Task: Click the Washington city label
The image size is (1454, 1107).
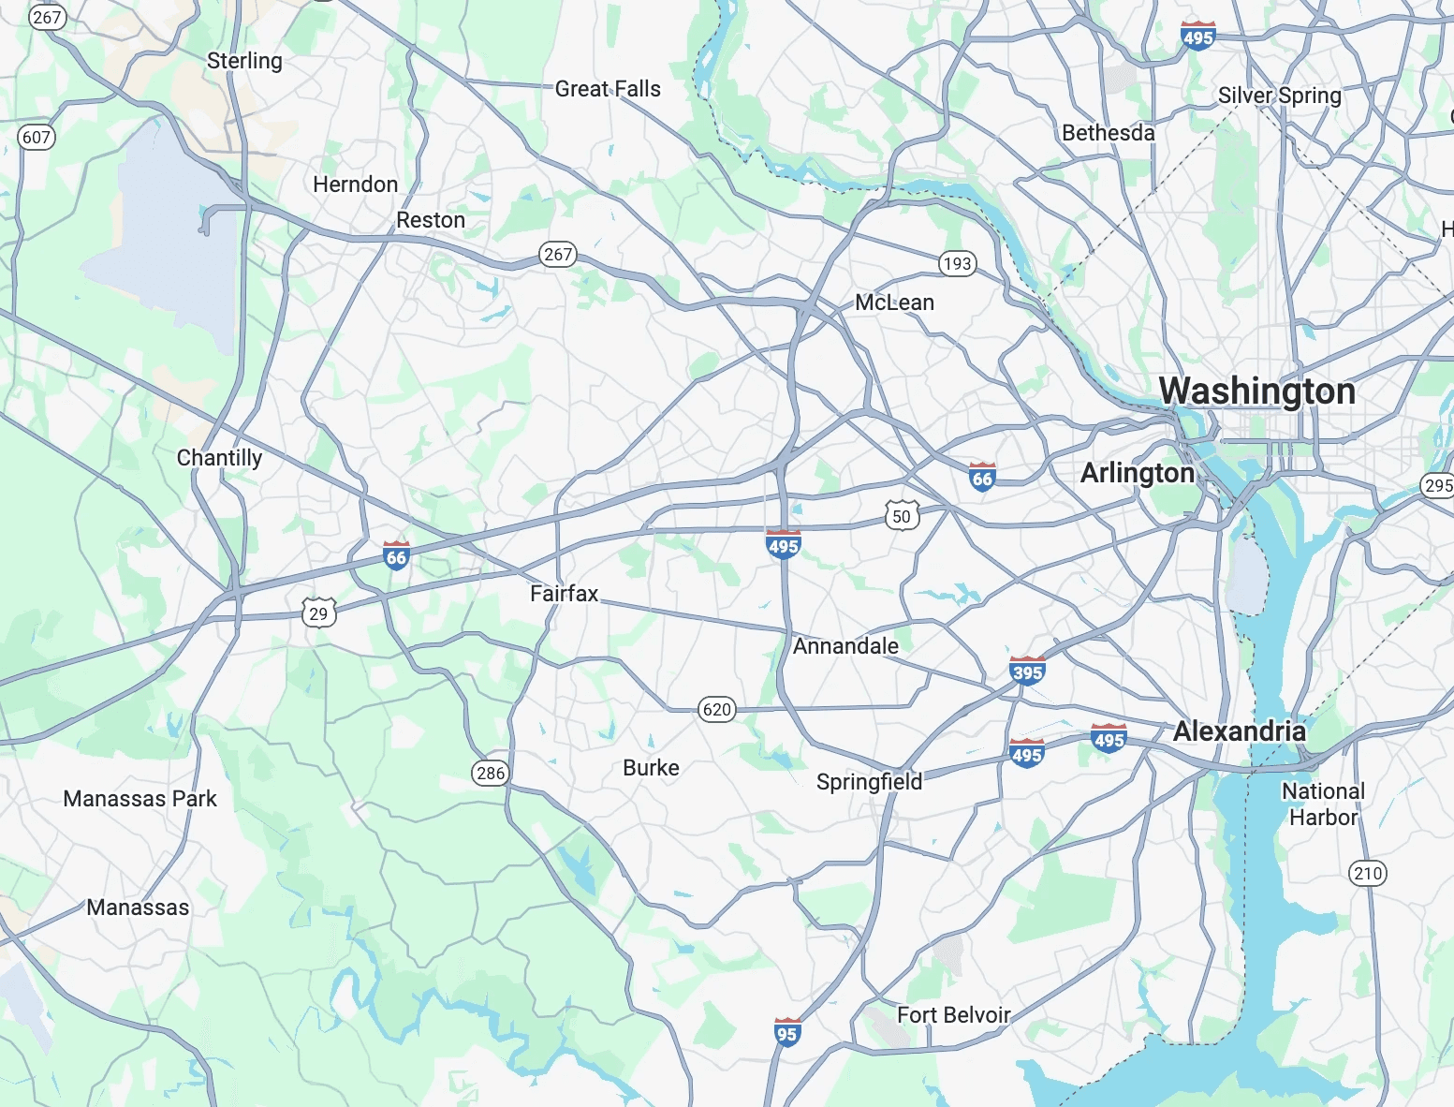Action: pyautogui.click(x=1256, y=391)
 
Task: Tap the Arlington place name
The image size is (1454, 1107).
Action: pyautogui.click(x=1137, y=473)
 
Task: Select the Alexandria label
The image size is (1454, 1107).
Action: pyautogui.click(x=1239, y=731)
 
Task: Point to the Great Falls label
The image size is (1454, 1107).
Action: pyautogui.click(x=608, y=89)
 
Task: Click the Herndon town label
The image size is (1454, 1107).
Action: pyautogui.click(x=355, y=184)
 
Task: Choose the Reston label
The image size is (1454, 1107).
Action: pyautogui.click(x=430, y=220)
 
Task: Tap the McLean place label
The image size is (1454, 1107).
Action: pyautogui.click(x=894, y=303)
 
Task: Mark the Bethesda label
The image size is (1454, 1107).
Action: pyautogui.click(x=1108, y=133)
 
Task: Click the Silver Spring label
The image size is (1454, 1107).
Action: pyautogui.click(x=1279, y=96)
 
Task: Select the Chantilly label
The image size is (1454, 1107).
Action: pyautogui.click(x=219, y=458)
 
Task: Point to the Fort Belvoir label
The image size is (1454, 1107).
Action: pyautogui.click(x=953, y=1015)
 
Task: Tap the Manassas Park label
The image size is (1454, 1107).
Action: pyautogui.click(x=140, y=799)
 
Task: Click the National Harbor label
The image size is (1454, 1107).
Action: pyautogui.click(x=1323, y=804)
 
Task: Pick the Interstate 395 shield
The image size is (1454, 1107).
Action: pyautogui.click(x=1027, y=671)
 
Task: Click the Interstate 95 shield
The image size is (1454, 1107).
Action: pyautogui.click(x=786, y=1033)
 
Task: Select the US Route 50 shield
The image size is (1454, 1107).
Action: pyautogui.click(x=901, y=516)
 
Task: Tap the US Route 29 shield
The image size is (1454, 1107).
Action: pyautogui.click(x=318, y=613)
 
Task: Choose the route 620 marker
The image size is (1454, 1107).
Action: pyautogui.click(x=716, y=709)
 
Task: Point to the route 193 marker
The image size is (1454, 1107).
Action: pyautogui.click(x=957, y=263)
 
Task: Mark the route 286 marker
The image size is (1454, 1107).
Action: pyautogui.click(x=491, y=773)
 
